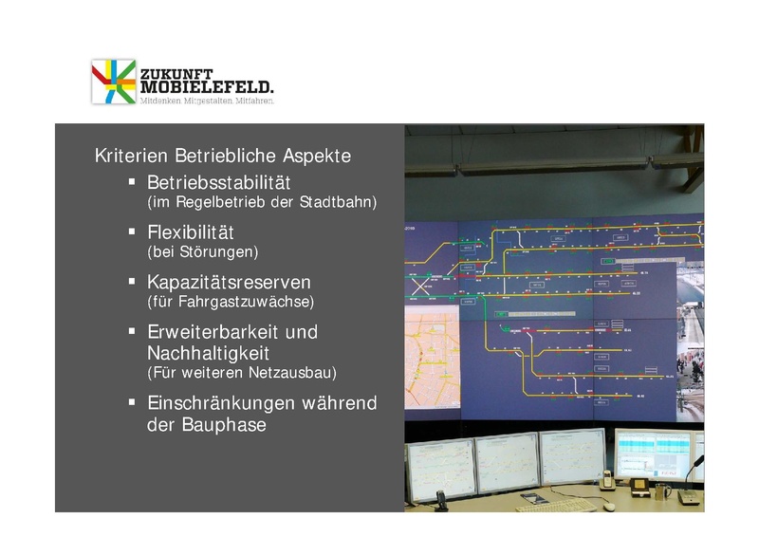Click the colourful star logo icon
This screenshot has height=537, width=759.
click(113, 82)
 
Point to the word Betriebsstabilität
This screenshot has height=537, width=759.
click(218, 182)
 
